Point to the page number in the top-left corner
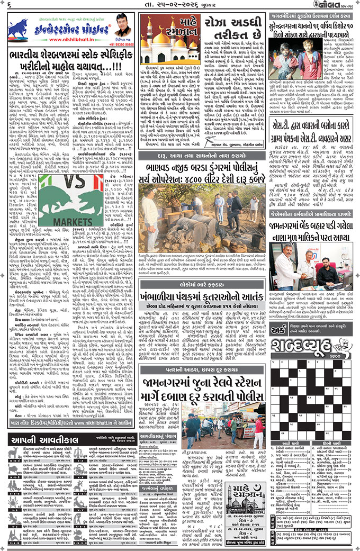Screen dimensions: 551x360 tap(10, 6)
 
